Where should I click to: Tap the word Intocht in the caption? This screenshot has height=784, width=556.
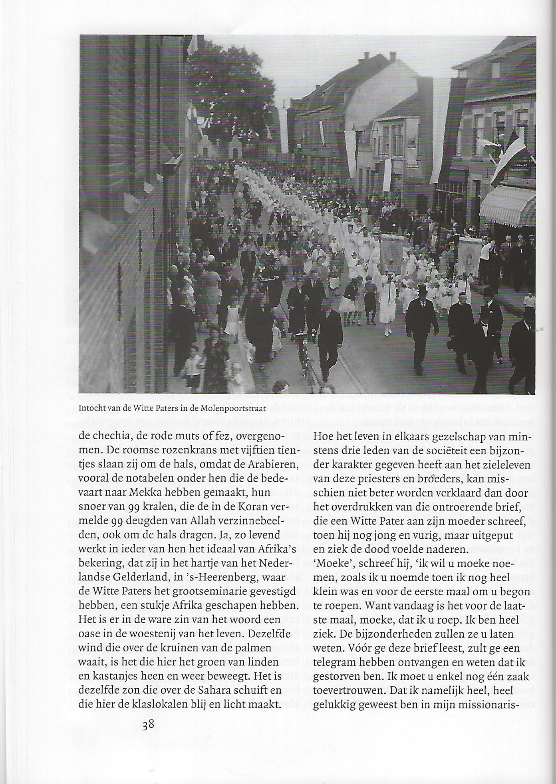[x=92, y=409]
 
